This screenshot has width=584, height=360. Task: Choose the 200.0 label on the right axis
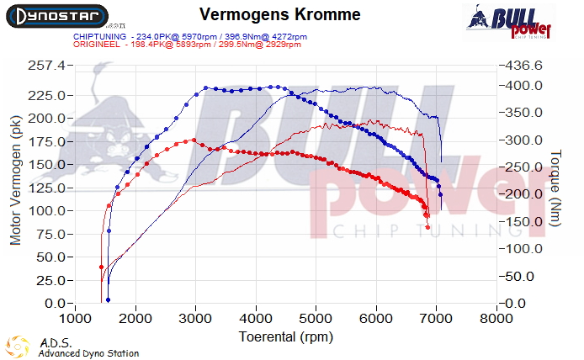[522, 194]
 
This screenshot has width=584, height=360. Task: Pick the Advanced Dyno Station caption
[88, 353]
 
